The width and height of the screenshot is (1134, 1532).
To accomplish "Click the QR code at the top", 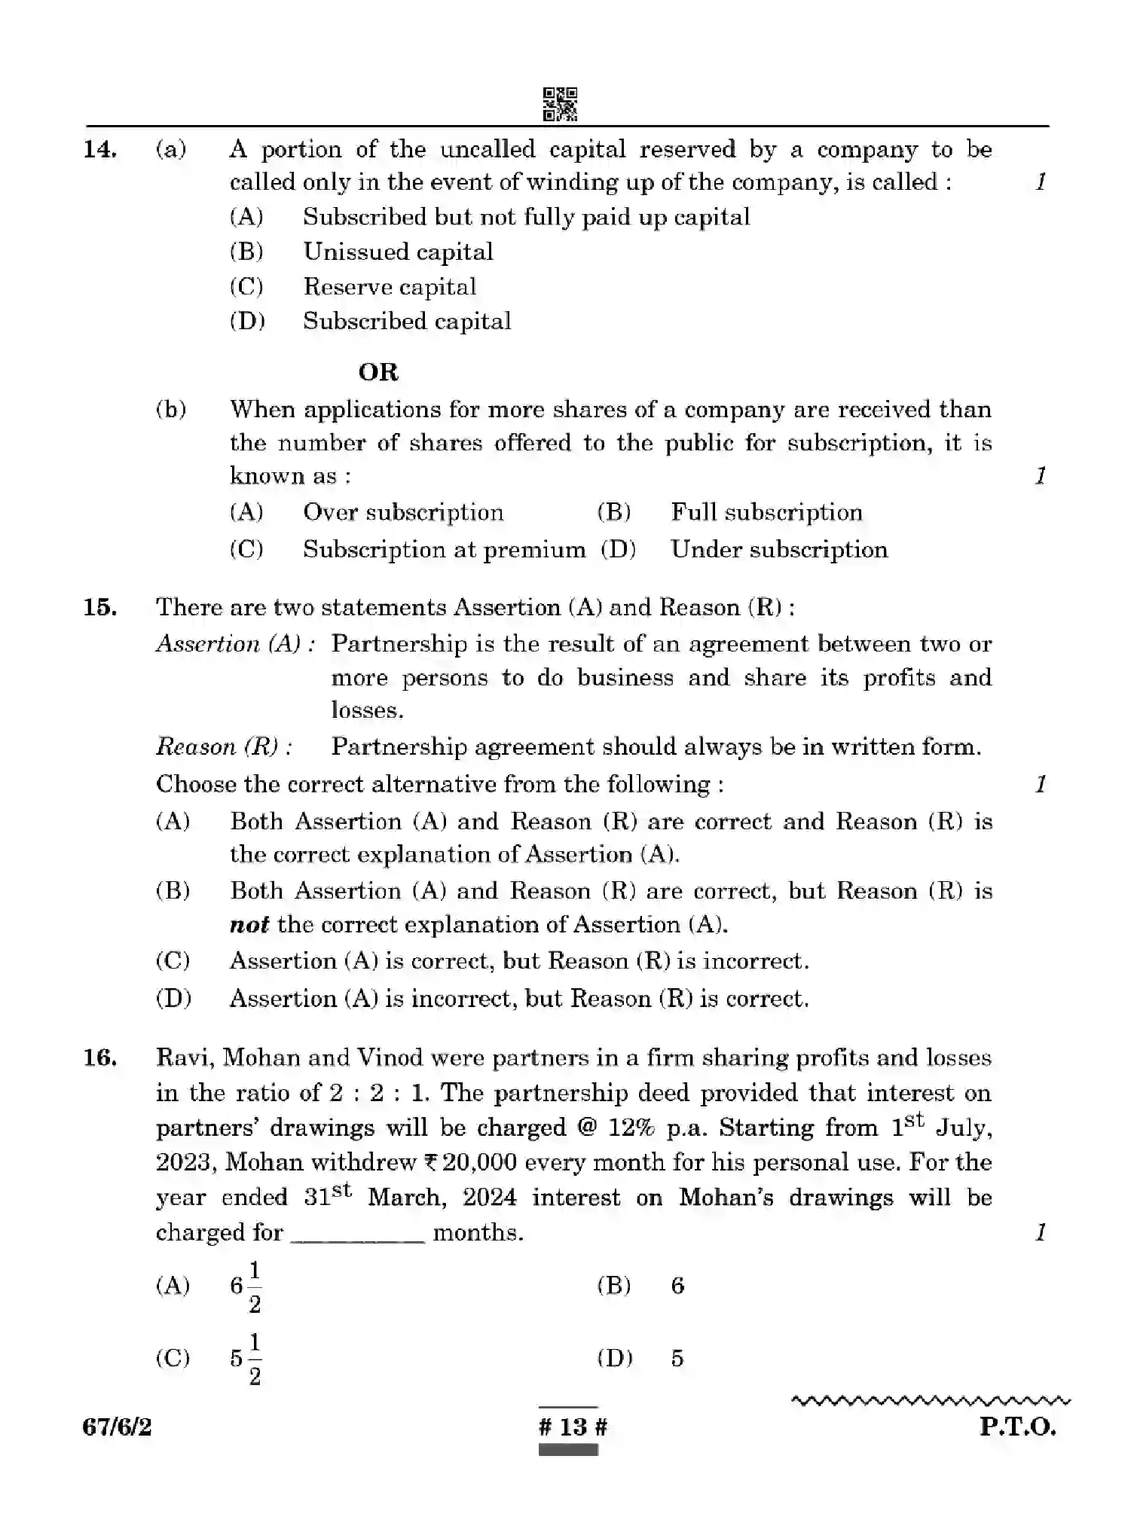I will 560,104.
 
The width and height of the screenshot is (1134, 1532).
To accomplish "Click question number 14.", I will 99,150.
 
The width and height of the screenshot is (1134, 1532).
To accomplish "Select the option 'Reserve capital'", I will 390,287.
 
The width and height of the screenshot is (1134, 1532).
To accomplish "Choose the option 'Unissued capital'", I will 398,252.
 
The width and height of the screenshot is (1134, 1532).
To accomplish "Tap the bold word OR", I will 378,372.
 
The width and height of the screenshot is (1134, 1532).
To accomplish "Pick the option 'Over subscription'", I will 403,513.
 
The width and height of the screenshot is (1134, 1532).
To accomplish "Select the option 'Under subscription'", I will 779,550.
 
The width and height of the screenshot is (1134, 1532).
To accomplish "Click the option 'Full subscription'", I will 766,513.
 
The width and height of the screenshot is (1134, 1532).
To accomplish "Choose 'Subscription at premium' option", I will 444,550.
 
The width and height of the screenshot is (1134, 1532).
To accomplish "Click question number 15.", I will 99,608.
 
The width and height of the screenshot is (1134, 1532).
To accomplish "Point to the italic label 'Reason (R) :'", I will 224,747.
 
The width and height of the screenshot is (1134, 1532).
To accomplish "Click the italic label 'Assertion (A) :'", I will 235,645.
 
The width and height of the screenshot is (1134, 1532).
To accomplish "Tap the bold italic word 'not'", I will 249,925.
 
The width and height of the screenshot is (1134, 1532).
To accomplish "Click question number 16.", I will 99,1058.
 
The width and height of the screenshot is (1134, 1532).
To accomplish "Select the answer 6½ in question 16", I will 246,1286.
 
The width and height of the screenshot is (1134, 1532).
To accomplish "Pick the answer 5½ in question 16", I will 246,1360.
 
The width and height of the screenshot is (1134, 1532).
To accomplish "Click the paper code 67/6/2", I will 117,1427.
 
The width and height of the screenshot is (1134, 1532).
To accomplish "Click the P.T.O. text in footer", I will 1017,1427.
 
